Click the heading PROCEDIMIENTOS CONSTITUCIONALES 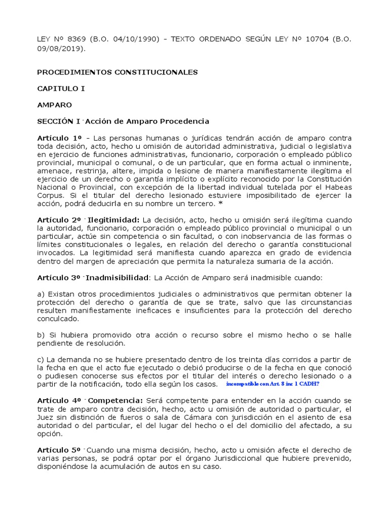click(118, 72)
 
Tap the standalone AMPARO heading click(55, 105)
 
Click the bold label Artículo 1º click(59, 138)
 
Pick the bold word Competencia click(116, 400)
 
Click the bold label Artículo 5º click(59, 450)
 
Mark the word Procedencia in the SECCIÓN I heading click(185, 121)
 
